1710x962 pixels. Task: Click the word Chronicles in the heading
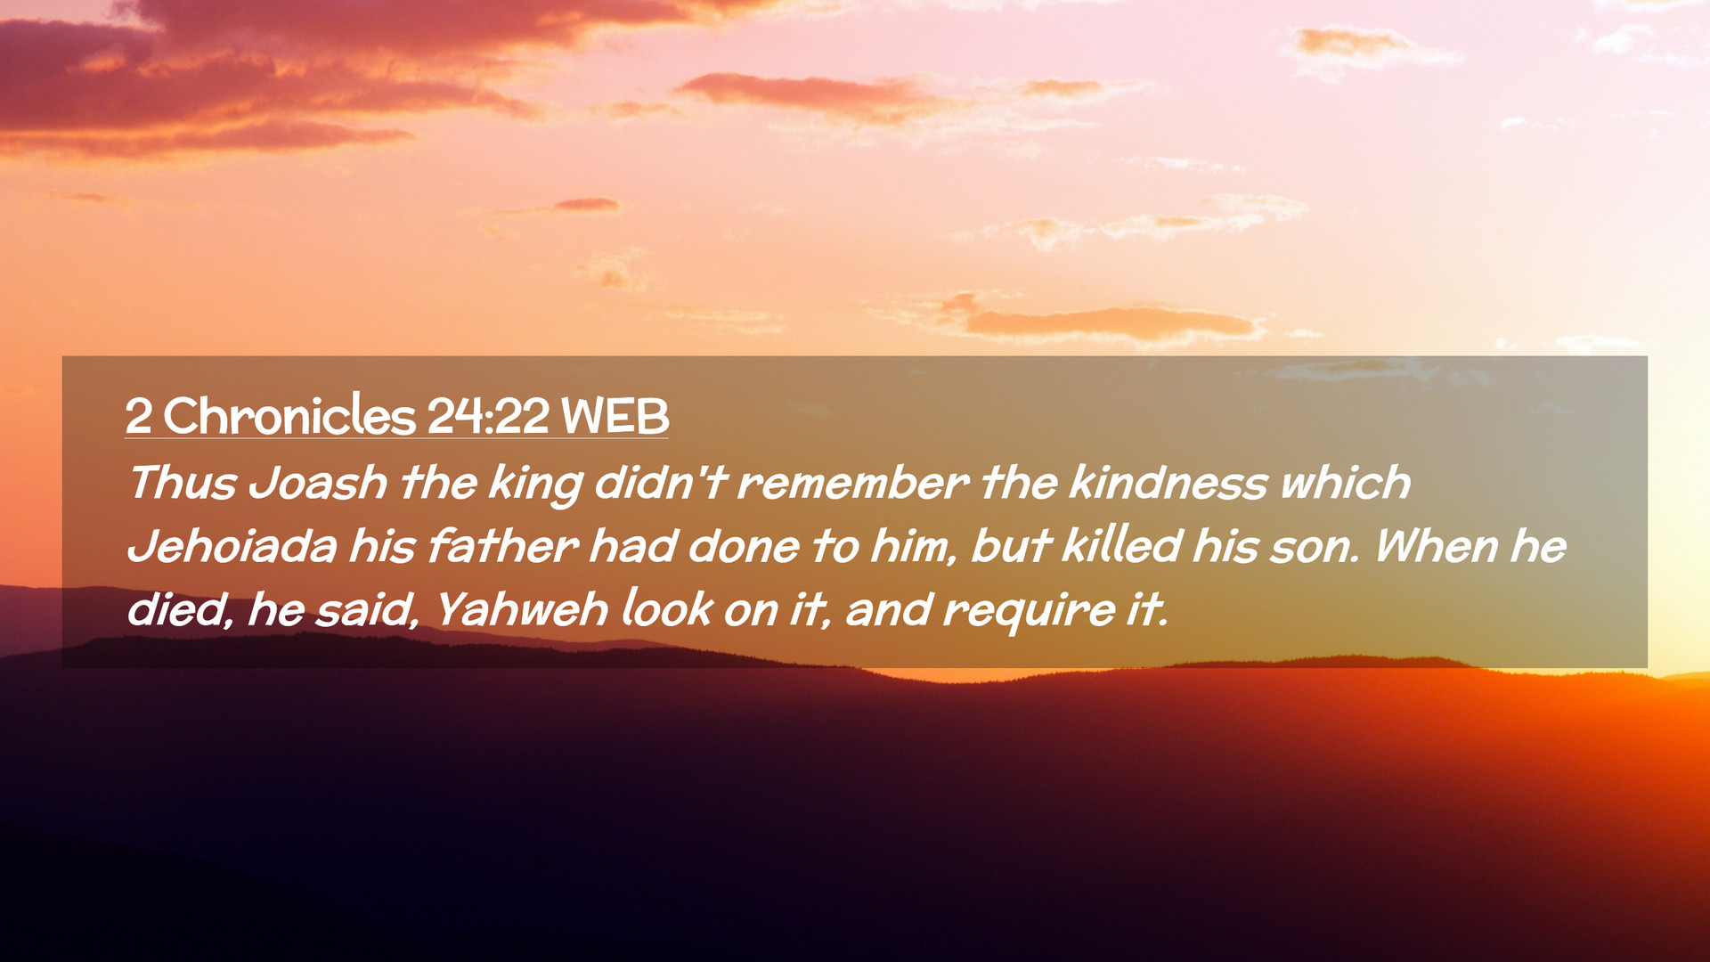[x=289, y=416]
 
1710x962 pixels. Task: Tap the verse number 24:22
[x=488, y=416]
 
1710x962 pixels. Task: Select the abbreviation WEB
[x=615, y=416]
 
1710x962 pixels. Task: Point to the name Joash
[x=318, y=484]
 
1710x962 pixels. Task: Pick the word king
[x=535, y=485]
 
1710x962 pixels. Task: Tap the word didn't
[x=660, y=483]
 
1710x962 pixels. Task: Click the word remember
[x=853, y=484]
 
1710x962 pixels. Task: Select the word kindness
[x=1168, y=483]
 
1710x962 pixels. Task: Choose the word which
[x=1346, y=483]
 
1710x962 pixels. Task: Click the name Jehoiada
[x=232, y=546]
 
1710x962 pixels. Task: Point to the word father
[x=503, y=546]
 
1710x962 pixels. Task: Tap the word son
[x=1315, y=548]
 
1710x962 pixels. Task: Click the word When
[x=1437, y=546]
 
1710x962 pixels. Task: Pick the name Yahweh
[x=522, y=610]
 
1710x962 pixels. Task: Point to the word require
[x=1029, y=612]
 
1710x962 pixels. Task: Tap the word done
[x=744, y=546]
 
